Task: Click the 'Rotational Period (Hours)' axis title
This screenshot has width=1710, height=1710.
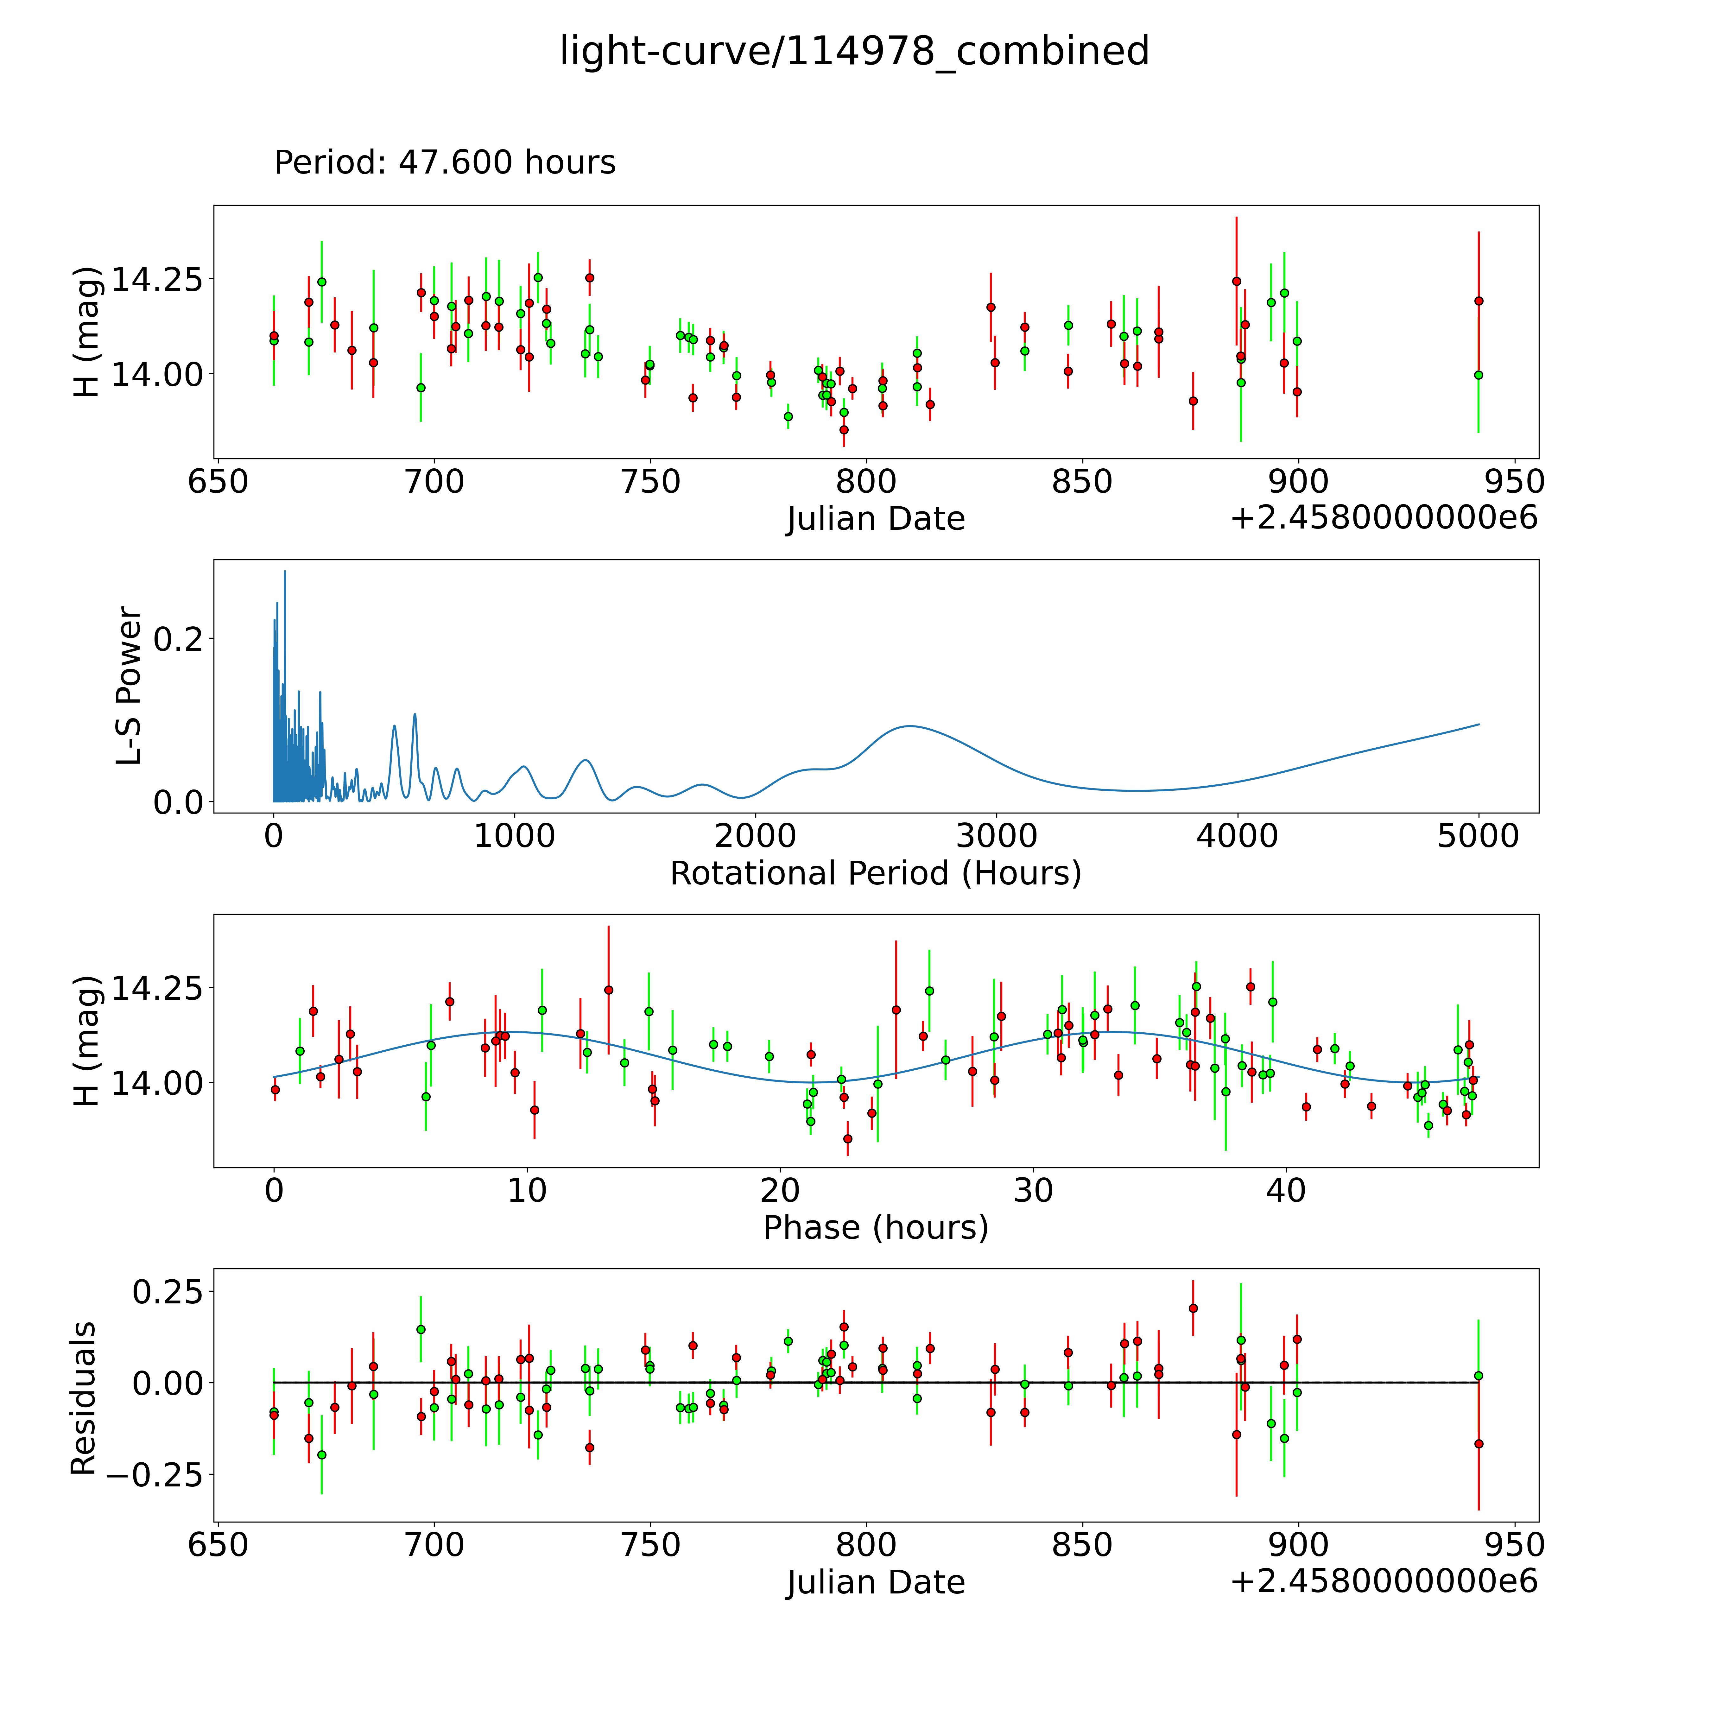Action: (x=875, y=874)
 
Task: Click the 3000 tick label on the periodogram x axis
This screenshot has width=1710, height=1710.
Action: (x=997, y=836)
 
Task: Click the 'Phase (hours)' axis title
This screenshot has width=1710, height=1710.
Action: (x=875, y=1228)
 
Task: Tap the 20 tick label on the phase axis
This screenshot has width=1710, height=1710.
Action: (x=780, y=1190)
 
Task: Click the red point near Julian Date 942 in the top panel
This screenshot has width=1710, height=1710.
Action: (x=1478, y=301)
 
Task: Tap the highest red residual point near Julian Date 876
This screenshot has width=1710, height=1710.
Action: (x=1193, y=1308)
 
